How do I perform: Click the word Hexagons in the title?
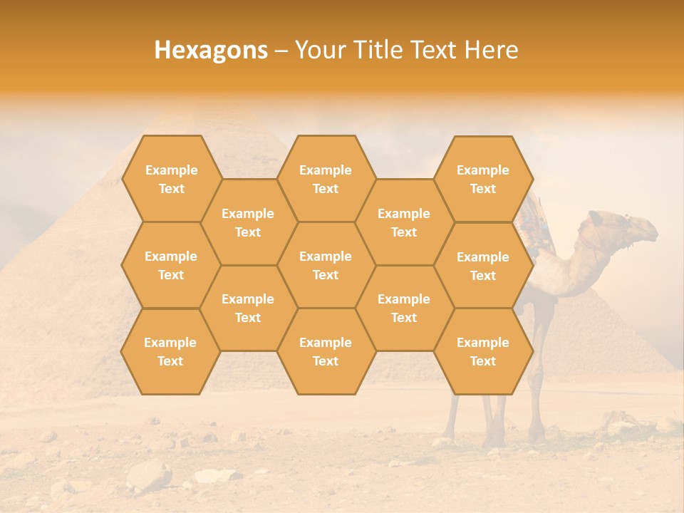coord(211,50)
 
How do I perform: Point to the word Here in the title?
coord(491,50)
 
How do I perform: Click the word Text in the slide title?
coord(434,50)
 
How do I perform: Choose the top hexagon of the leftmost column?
coord(171,179)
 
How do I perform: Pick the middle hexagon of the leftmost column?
coord(171,265)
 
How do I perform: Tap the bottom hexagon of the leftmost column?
coord(170,351)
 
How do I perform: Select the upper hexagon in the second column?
coord(248,222)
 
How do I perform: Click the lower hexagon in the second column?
coord(248,308)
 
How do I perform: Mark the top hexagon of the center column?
coord(326,179)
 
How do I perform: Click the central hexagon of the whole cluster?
coord(326,265)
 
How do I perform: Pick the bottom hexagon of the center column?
coord(326,351)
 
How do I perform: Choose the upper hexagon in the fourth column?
coord(404,222)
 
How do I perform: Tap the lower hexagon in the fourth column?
coord(404,308)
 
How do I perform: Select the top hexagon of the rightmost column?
coord(483,179)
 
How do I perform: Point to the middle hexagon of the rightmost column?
coord(483,266)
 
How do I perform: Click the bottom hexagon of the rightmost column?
coord(483,351)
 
